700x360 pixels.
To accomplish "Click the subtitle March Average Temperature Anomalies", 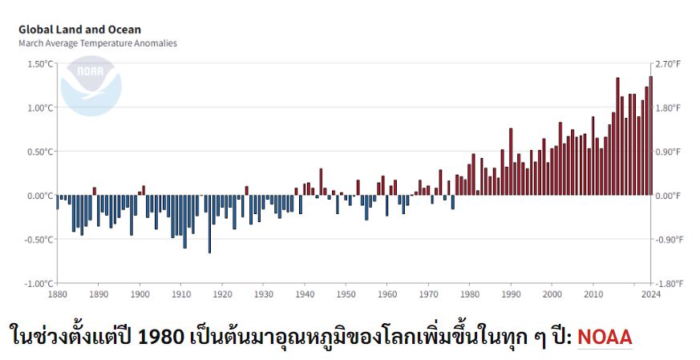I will pos(97,43).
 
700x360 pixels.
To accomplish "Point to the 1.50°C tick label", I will pos(39,64).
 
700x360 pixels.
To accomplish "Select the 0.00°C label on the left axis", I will pos(39,196).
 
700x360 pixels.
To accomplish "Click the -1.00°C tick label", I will pos(38,284).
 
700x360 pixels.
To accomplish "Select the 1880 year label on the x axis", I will pos(57,295).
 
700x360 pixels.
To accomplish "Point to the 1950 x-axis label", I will pos(346,295).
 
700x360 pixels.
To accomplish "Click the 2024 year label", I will pos(650,295).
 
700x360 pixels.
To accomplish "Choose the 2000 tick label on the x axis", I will pos(552,295).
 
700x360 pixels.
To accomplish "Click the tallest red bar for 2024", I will pos(651,136).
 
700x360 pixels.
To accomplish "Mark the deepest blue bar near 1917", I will pos(209,224).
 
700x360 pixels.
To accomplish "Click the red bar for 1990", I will pos(510,161).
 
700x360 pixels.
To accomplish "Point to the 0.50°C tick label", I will pos(39,152).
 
